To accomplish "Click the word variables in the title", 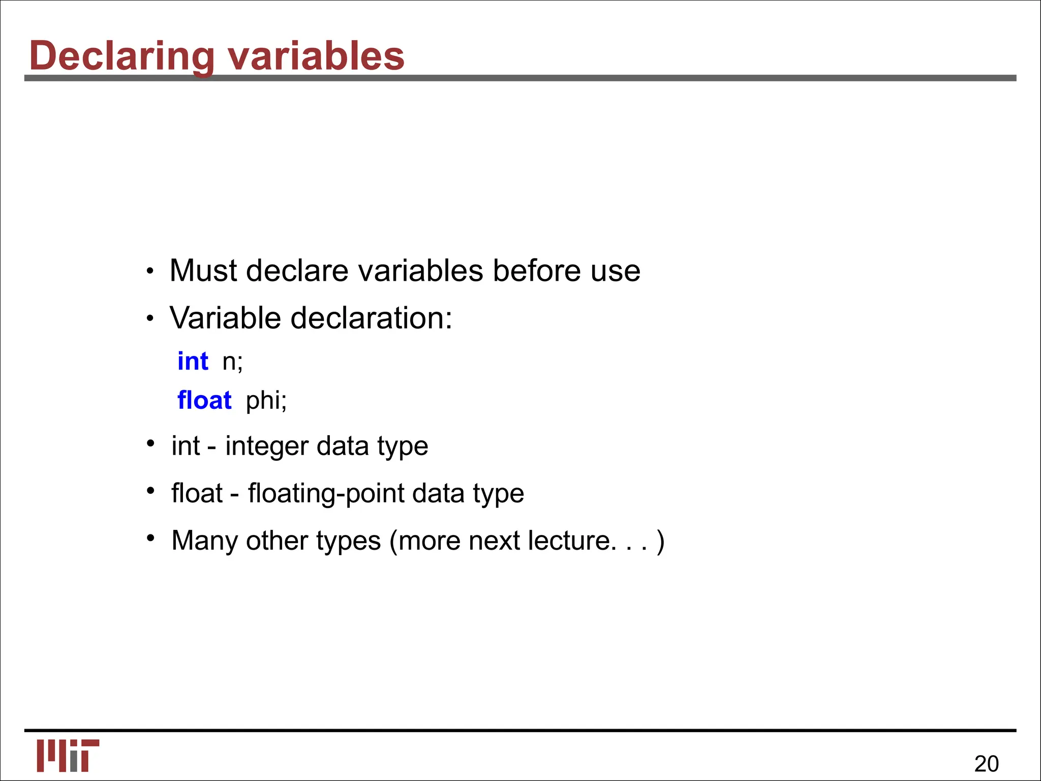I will pyautogui.click(x=316, y=56).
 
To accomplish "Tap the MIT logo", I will pyautogui.click(x=68, y=755).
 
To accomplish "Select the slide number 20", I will pyautogui.click(x=986, y=764).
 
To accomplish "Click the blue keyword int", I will pyautogui.click(x=193, y=362).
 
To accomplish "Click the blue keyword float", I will pyautogui.click(x=204, y=400).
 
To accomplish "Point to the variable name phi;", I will pyautogui.click(x=266, y=401).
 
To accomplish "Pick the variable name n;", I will pyautogui.click(x=233, y=362).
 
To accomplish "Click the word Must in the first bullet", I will pyautogui.click(x=203, y=271).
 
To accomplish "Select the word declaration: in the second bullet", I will pyautogui.click(x=371, y=318).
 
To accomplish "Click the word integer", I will pyautogui.click(x=267, y=446).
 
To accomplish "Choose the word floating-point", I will pyautogui.click(x=326, y=494).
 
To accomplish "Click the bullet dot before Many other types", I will pyautogui.click(x=150, y=537).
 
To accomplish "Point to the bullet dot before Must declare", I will pyautogui.click(x=149, y=272).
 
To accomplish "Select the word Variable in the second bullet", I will pyautogui.click(x=225, y=318).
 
